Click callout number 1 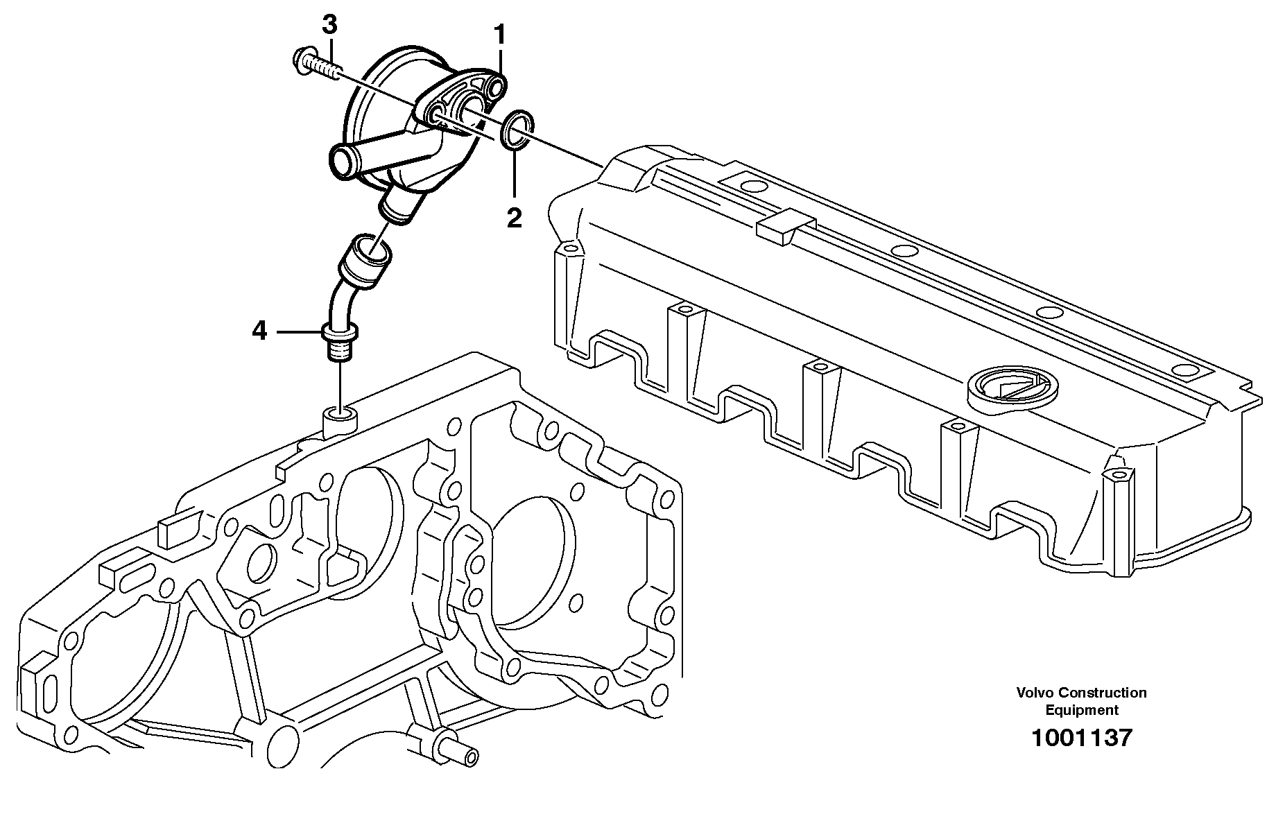click(499, 33)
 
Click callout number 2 click(513, 218)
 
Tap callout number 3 click(329, 25)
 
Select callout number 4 click(259, 332)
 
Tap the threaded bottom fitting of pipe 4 click(339, 350)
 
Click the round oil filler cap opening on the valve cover click(1006, 390)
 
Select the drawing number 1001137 click(1080, 737)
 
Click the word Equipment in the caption click(1081, 710)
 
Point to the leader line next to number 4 click(300, 332)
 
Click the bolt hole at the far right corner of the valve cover click(1116, 476)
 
